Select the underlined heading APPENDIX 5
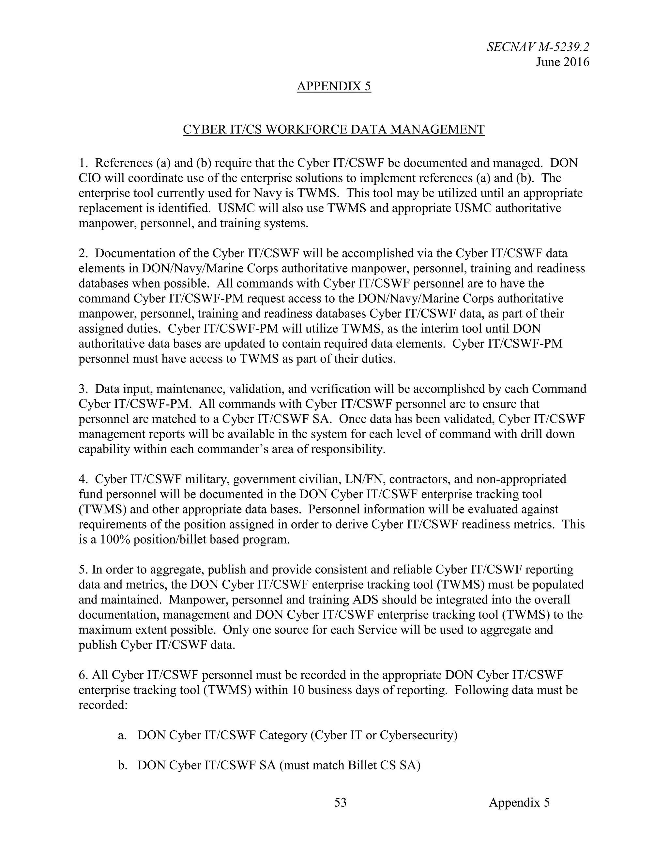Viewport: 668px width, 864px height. (x=334, y=86)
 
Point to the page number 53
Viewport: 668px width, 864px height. (x=340, y=802)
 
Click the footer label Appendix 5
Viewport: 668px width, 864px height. (x=519, y=802)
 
